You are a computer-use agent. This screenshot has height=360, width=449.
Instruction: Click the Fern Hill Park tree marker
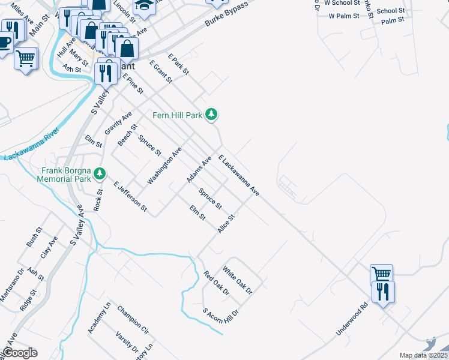[211, 113]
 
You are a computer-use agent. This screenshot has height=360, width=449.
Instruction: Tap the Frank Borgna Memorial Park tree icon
[100, 174]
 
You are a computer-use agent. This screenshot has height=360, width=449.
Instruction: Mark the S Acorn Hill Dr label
[221, 316]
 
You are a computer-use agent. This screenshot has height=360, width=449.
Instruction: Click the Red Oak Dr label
[216, 284]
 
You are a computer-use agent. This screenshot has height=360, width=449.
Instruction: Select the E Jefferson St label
[130, 196]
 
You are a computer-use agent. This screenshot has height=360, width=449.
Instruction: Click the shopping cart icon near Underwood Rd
[381, 274]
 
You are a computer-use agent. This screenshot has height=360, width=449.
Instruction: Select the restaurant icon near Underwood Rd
[382, 292]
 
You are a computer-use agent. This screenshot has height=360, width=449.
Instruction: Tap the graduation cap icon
[143, 5]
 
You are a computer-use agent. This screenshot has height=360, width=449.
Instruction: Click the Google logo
[20, 353]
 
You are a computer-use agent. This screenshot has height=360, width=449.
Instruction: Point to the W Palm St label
[343, 16]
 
